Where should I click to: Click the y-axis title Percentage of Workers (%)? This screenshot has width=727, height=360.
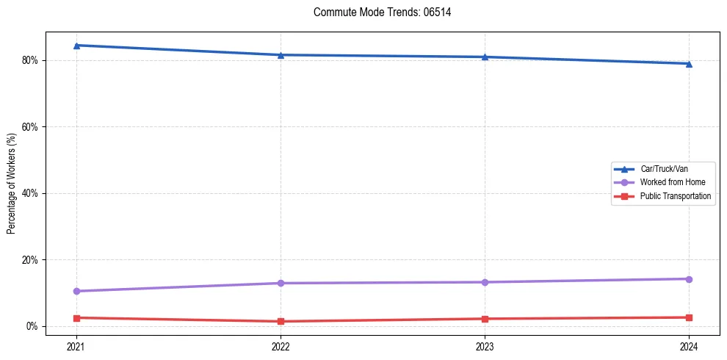click(x=12, y=184)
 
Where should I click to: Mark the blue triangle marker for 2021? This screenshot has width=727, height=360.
click(x=76, y=46)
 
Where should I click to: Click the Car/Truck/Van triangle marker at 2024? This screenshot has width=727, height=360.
click(x=689, y=64)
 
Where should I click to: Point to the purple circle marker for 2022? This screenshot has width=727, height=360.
click(x=281, y=283)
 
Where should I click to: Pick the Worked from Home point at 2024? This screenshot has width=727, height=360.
click(x=689, y=279)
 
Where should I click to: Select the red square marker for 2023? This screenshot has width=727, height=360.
click(x=485, y=319)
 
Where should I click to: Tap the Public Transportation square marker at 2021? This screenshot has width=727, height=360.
click(x=76, y=318)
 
